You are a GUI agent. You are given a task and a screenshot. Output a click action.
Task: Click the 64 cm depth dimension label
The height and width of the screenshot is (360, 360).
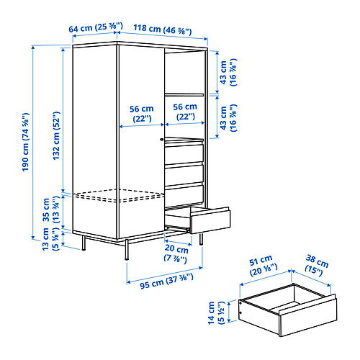coord(96,27)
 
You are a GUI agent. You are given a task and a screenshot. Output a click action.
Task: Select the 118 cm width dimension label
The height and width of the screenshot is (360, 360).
coord(163,30)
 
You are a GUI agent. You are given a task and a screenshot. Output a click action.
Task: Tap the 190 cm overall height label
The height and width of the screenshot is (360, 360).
coord(25,142)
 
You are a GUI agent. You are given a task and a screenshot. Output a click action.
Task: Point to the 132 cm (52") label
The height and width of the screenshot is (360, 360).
coord(56,135)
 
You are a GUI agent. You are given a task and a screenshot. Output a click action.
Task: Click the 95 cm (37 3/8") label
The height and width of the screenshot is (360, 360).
coord(166,281)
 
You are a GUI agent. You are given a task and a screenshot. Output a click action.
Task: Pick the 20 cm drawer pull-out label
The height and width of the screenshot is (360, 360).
coord(176,254)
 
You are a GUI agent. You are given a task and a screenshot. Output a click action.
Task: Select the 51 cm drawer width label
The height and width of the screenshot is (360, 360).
coord(264,265)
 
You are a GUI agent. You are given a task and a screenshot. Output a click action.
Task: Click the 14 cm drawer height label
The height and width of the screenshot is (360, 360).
coord(216,313)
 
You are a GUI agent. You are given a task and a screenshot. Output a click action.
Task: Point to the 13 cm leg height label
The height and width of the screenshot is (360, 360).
coord(50,240)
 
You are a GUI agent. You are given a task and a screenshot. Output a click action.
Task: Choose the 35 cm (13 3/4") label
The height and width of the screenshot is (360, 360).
coord(50,210)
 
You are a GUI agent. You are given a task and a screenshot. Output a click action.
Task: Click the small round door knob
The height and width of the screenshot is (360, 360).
coord(162,139)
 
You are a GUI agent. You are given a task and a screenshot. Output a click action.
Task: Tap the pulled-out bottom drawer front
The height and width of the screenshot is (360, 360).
coord(210,221)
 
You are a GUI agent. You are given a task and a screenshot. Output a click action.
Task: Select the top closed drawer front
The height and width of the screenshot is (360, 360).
coord(184,153)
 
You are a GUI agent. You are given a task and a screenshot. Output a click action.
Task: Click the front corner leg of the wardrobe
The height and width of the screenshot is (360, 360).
coord(127,250)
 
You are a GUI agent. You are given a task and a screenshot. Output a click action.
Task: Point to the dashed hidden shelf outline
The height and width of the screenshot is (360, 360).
coord(120,195)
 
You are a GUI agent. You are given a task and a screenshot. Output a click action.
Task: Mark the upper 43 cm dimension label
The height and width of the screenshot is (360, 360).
coord(228,73)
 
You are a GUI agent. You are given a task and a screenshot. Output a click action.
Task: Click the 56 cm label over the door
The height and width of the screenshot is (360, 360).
coord(141,114)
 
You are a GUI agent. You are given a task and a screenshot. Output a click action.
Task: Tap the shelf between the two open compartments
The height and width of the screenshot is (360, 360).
coord(184,94)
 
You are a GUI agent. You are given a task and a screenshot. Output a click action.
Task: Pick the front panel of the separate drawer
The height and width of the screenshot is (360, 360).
coord(308,317)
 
